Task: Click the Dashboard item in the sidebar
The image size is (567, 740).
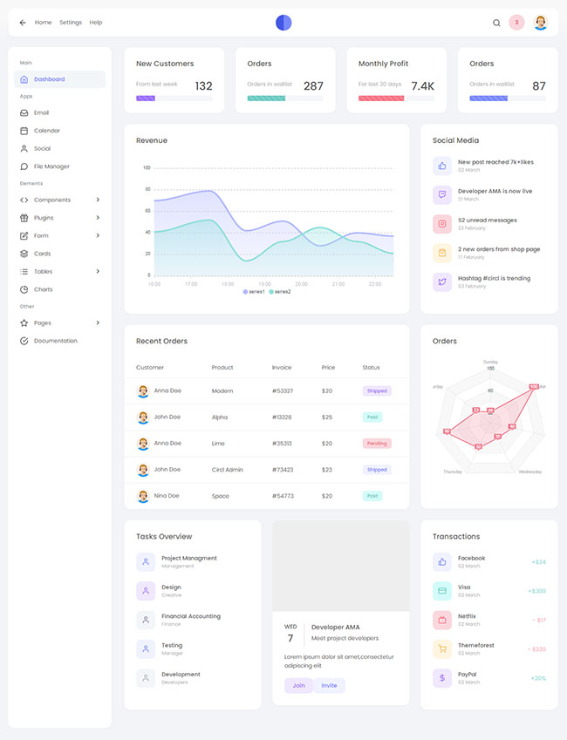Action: (x=49, y=79)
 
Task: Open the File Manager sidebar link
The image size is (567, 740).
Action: (x=51, y=166)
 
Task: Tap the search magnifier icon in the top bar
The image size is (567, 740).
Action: (x=496, y=23)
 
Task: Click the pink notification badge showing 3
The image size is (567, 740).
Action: (x=516, y=23)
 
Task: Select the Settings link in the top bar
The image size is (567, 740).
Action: (x=71, y=23)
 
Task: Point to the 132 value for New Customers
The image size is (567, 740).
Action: (x=203, y=86)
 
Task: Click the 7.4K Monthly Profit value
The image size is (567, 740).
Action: (x=422, y=86)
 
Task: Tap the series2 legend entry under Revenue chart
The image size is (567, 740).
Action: (x=280, y=291)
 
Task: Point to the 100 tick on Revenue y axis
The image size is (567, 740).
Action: (x=147, y=167)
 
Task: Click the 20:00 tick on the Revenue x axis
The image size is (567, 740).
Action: (x=301, y=284)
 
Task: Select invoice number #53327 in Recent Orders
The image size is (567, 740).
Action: (x=283, y=391)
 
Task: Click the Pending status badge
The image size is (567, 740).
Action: (x=377, y=444)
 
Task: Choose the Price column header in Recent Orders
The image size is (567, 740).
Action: (x=328, y=368)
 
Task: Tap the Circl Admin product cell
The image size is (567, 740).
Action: (x=228, y=470)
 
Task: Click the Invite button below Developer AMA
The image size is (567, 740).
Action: (x=329, y=686)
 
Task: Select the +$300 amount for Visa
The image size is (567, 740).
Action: (x=536, y=591)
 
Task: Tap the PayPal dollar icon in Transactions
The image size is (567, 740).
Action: (x=442, y=677)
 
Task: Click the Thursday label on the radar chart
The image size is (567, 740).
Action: (x=453, y=472)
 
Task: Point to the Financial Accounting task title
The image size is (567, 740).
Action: (x=191, y=616)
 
